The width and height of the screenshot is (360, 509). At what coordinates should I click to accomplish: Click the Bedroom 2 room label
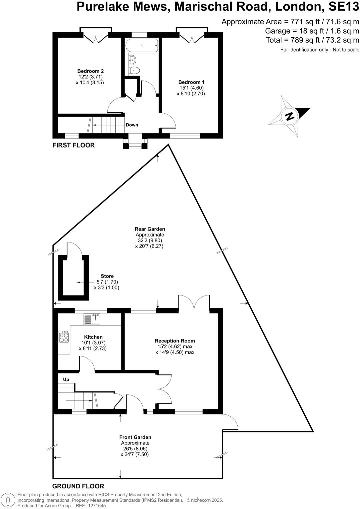pyautogui.click(x=90, y=71)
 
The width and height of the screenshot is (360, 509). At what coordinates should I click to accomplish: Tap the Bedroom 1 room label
pyautogui.click(x=191, y=82)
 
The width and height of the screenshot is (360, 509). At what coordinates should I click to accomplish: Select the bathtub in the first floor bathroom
pyautogui.click(x=142, y=45)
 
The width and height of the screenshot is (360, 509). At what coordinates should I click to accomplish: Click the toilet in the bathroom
pyautogui.click(x=134, y=70)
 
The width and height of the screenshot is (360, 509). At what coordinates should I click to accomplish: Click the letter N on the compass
pyautogui.click(x=289, y=117)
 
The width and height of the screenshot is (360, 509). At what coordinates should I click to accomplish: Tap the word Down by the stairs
pyautogui.click(x=132, y=125)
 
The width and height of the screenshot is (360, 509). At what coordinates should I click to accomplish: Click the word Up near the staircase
pyautogui.click(x=66, y=379)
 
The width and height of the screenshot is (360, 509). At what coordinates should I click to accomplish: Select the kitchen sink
pyautogui.click(x=92, y=319)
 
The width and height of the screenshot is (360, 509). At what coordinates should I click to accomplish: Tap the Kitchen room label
pyautogui.click(x=93, y=337)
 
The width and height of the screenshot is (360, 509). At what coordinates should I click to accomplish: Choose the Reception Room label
pyautogui.click(x=175, y=341)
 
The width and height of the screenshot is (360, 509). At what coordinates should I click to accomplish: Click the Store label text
pyautogui.click(x=107, y=276)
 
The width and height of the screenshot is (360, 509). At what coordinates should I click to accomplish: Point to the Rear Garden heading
pyautogui.click(x=150, y=229)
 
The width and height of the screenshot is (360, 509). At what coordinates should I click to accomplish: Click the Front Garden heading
pyautogui.click(x=135, y=437)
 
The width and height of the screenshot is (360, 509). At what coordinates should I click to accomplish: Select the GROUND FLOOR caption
pyautogui.click(x=78, y=486)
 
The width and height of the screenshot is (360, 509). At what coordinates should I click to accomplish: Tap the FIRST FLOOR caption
pyautogui.click(x=74, y=145)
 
